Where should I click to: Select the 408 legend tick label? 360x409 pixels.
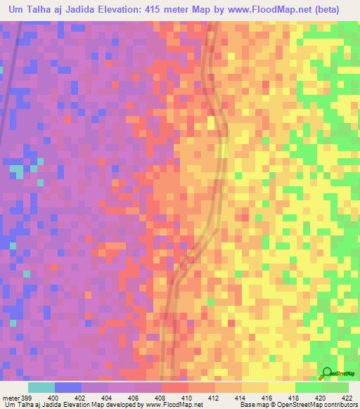click(162, 398)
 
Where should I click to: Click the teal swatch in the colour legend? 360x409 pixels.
click(41, 387)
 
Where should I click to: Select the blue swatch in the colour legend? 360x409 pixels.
click(67, 387)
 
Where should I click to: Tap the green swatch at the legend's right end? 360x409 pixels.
click(335, 387)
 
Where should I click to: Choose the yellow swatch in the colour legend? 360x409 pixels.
click(281, 387)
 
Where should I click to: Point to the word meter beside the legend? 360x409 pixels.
click(10, 398)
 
